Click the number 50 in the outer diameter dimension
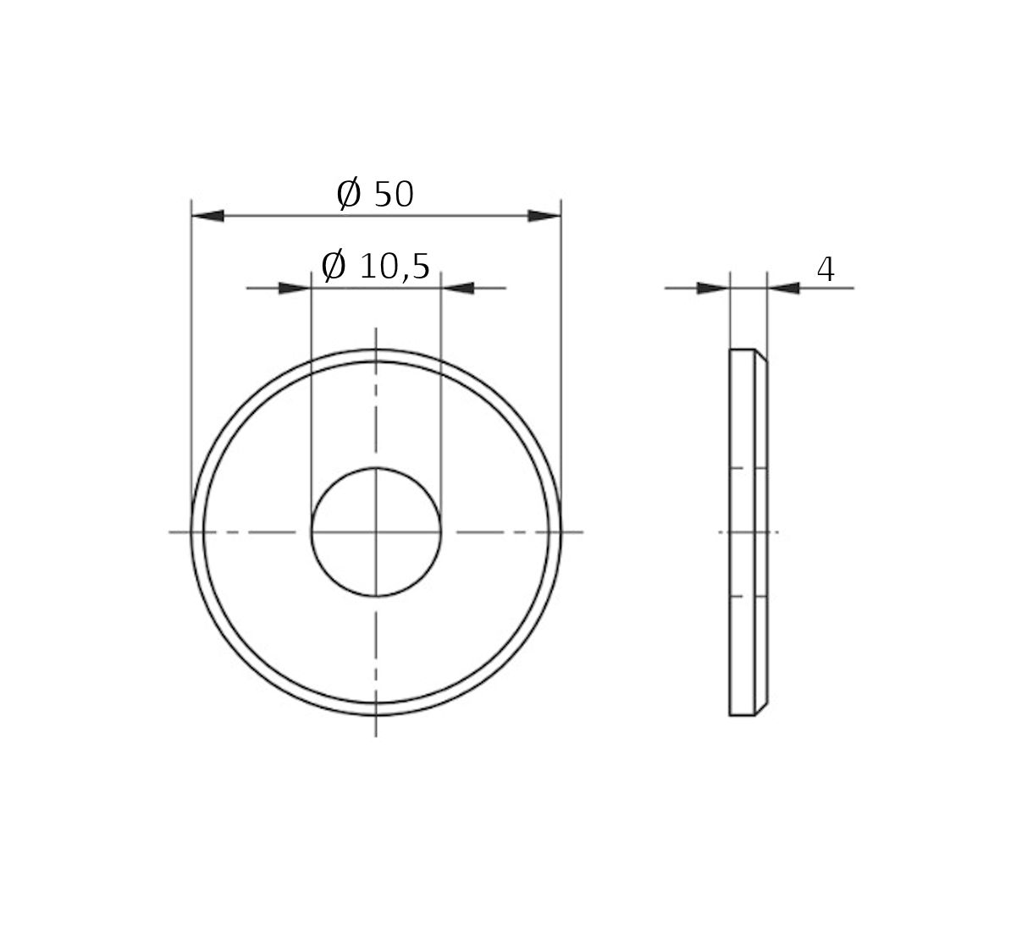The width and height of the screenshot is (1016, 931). coord(393,195)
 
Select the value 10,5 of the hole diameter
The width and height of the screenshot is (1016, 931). coord(395,267)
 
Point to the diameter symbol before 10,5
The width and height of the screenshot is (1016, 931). coord(334,267)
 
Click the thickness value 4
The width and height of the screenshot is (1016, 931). coord(825,270)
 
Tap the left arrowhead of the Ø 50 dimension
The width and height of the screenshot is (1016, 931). coord(207,216)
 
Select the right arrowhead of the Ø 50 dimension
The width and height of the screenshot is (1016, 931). coord(544,216)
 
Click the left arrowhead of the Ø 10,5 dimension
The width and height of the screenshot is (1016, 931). coord(295,289)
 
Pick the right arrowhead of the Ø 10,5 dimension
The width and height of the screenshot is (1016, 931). coord(458,289)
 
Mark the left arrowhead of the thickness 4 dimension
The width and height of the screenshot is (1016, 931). coord(713,289)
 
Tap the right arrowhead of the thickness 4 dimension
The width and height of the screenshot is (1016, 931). coord(783,289)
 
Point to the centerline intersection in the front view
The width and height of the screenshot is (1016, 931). coord(376,532)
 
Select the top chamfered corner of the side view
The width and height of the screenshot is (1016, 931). coord(761,355)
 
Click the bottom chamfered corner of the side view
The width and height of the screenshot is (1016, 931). coord(761,710)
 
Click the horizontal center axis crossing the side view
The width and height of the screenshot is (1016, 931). coord(748,532)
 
